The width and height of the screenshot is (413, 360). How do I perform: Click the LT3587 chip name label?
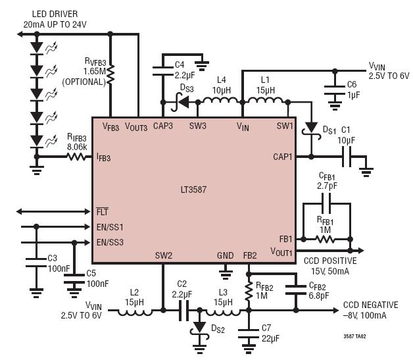(193, 190)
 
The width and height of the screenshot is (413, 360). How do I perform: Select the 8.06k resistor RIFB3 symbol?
(76, 157)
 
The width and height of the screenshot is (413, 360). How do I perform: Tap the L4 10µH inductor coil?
(220, 101)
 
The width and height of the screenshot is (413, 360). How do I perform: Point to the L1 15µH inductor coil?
(265, 101)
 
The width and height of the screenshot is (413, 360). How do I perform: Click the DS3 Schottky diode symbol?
(181, 102)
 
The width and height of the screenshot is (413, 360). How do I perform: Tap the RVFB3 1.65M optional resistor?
(110, 75)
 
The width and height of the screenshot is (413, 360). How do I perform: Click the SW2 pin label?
(163, 255)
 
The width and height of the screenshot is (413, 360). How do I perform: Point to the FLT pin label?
(102, 211)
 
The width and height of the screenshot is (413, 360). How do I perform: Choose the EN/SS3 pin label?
(110, 242)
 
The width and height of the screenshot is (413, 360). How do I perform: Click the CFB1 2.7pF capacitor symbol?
(327, 203)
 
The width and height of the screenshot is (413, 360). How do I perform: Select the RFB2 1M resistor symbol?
(249, 291)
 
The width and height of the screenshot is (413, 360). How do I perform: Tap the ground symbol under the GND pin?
(226, 274)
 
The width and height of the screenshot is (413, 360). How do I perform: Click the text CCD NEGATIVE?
(371, 305)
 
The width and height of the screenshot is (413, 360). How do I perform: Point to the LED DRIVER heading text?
(55, 14)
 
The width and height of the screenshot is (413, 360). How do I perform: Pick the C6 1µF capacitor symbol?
(335, 90)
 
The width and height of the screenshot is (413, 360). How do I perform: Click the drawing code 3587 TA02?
(354, 336)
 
